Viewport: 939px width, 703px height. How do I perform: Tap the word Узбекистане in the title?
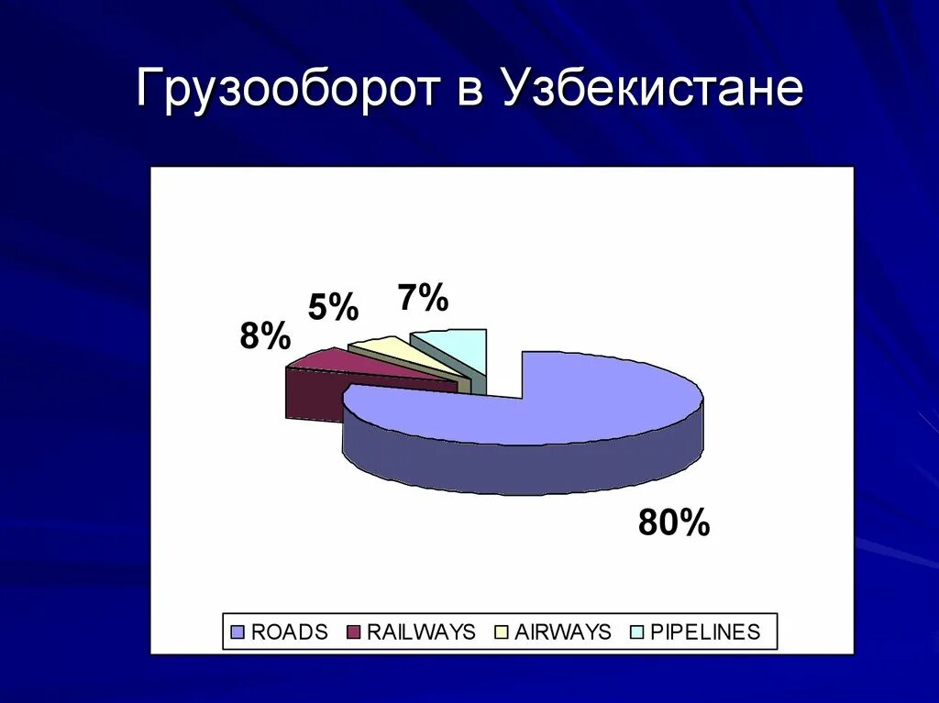pos(652,91)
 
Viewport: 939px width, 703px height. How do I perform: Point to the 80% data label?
pos(674,523)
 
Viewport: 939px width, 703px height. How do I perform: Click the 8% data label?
pos(265,337)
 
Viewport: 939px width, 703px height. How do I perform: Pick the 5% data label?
pos(332,308)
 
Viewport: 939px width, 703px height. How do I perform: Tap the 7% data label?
pos(423,298)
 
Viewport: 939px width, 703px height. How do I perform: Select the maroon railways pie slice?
pos(367,368)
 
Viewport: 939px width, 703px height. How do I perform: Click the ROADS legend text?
pos(289,632)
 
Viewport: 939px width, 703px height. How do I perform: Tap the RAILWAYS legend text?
pos(421,632)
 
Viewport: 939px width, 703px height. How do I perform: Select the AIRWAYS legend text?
pos(562,632)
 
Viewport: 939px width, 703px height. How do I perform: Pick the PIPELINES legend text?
pos(704,632)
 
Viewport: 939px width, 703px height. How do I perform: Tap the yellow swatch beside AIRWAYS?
pos(503,632)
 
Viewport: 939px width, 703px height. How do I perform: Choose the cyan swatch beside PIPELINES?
pos(637,632)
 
